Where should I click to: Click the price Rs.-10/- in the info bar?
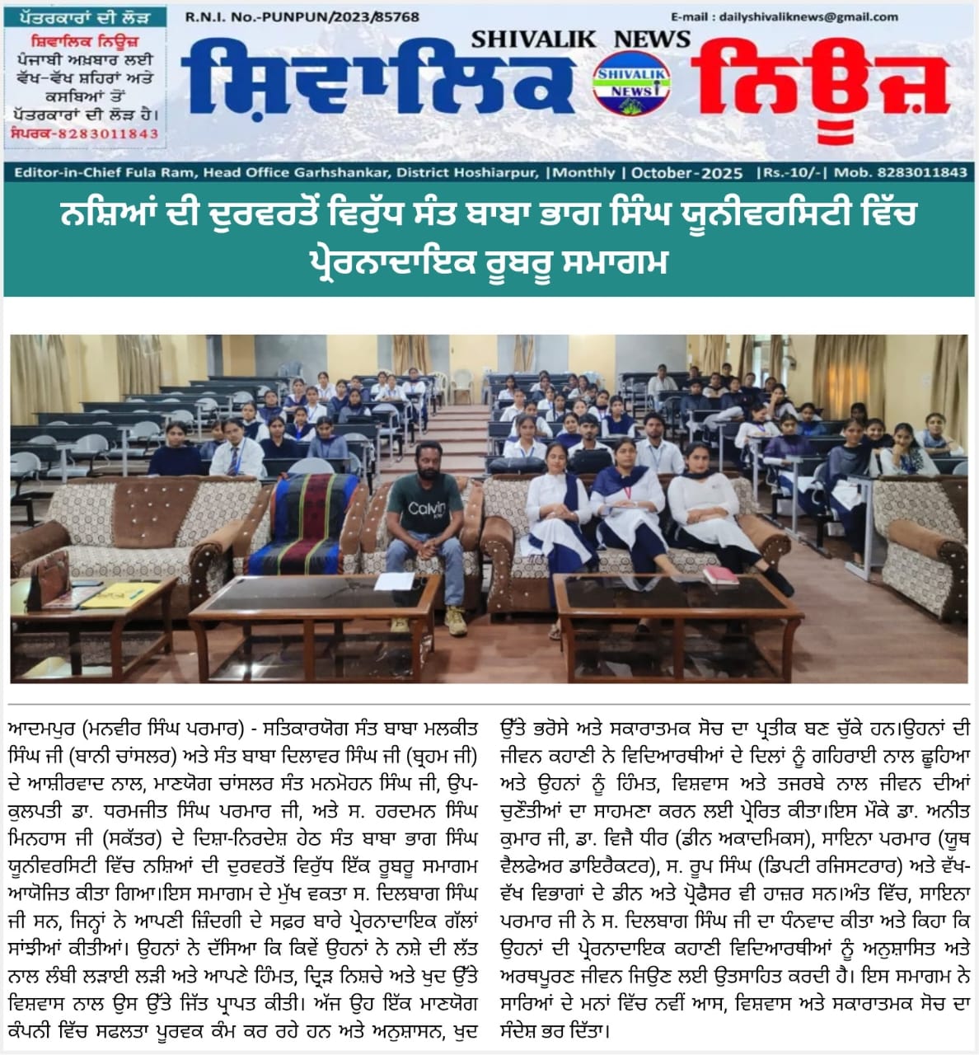click(x=786, y=173)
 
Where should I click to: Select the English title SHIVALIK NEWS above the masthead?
click(x=580, y=39)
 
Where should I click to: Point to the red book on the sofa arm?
click(x=721, y=574)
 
